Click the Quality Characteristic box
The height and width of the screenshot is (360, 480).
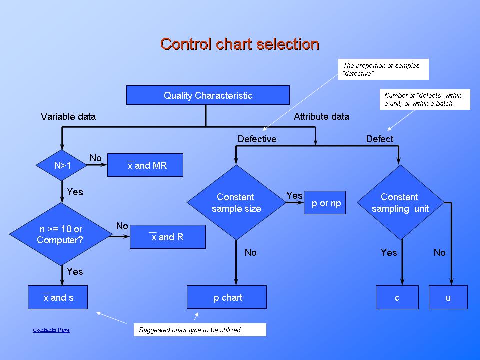click(x=208, y=95)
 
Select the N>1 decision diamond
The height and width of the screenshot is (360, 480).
click(x=62, y=165)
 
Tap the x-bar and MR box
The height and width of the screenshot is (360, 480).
click(x=145, y=165)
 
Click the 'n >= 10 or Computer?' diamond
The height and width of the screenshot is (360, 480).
click(x=61, y=234)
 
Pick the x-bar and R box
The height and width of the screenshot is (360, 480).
click(x=167, y=237)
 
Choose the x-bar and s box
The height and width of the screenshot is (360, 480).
click(x=58, y=297)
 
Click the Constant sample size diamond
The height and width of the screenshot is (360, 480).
click(x=236, y=203)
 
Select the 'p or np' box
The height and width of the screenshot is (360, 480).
click(x=325, y=203)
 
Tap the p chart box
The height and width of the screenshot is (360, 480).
click(x=227, y=297)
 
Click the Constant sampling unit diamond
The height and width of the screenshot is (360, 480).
click(x=399, y=203)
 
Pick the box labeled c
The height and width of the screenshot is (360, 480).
click(x=397, y=297)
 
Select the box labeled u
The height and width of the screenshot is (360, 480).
click(x=448, y=297)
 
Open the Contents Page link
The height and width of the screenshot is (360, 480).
click(x=51, y=330)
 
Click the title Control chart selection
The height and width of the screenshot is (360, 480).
click(x=240, y=44)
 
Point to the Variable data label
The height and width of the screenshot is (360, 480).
click(x=68, y=117)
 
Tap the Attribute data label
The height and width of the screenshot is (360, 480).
click(x=321, y=117)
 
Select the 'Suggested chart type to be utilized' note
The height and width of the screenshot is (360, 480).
click(x=200, y=330)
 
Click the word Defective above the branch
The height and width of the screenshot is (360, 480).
click(x=257, y=139)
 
